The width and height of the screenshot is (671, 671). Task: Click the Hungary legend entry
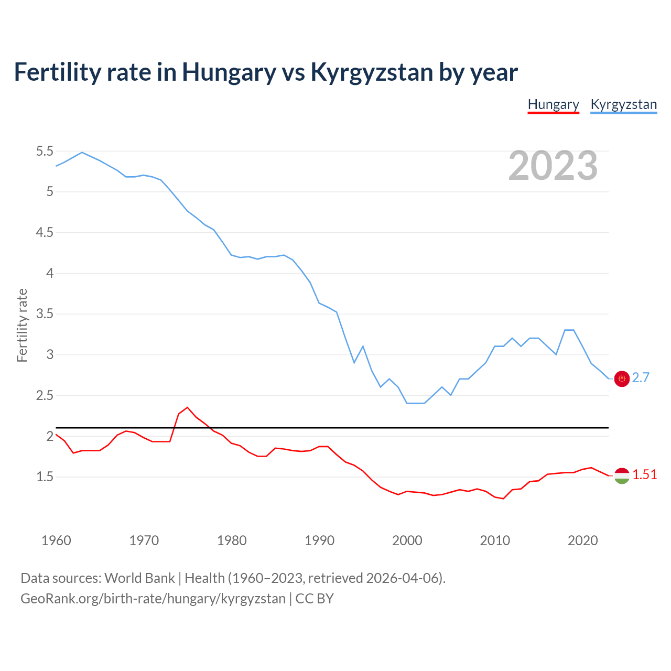pyautogui.click(x=553, y=104)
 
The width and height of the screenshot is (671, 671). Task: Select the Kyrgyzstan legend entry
pyautogui.click(x=623, y=104)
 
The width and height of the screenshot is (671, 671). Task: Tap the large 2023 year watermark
pyautogui.click(x=553, y=166)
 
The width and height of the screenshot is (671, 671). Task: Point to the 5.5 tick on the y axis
pyautogui.click(x=45, y=151)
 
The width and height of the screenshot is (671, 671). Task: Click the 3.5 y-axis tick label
pyautogui.click(x=45, y=314)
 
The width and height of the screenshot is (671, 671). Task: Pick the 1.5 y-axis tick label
pyautogui.click(x=45, y=477)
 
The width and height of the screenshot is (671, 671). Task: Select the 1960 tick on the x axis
pyautogui.click(x=56, y=540)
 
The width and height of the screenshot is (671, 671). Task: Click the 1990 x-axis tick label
pyautogui.click(x=319, y=540)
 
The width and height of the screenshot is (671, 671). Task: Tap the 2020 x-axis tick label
pyautogui.click(x=582, y=540)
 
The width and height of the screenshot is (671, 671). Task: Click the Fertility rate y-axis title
pyautogui.click(x=22, y=325)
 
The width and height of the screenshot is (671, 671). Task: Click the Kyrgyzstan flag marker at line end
pyautogui.click(x=622, y=378)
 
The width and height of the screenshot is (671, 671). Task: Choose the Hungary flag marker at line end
pyautogui.click(x=622, y=475)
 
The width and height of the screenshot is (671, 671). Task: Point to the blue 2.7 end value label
pyautogui.click(x=641, y=378)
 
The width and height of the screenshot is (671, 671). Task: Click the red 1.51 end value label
pyautogui.click(x=644, y=475)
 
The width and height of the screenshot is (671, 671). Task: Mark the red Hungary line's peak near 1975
pyautogui.click(x=187, y=407)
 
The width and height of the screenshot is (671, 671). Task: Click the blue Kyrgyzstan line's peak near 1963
pyautogui.click(x=82, y=153)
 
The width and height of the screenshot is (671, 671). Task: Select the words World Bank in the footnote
pyautogui.click(x=139, y=578)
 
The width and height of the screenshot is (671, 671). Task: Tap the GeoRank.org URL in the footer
pyautogui.click(x=153, y=599)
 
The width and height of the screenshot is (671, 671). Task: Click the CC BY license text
pyautogui.click(x=315, y=599)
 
